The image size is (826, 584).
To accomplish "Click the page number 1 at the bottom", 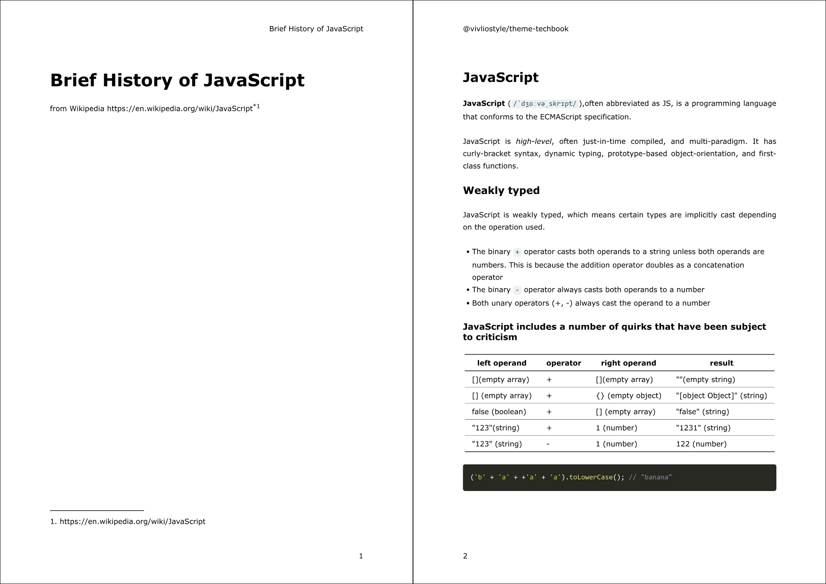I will (x=361, y=556).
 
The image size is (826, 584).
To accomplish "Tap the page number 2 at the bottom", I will (x=465, y=556).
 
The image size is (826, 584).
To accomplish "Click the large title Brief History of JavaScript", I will (x=177, y=80).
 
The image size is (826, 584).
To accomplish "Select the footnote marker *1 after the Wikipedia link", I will (x=256, y=107).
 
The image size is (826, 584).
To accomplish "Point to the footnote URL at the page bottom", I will (x=132, y=521).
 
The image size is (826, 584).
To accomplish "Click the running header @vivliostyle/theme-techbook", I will (x=516, y=29).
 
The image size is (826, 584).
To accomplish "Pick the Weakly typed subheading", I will (x=501, y=190).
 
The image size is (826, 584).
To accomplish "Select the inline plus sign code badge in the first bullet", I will (x=517, y=252).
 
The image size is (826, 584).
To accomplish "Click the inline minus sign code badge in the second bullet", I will (x=517, y=290).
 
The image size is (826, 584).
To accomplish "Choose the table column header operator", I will (x=564, y=363).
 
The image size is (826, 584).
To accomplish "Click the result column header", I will (x=721, y=363).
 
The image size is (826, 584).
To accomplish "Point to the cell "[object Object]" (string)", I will (x=721, y=396).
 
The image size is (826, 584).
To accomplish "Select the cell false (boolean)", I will (x=499, y=412).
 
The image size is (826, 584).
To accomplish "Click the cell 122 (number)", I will (x=701, y=444).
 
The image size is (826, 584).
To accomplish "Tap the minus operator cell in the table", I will (x=548, y=444).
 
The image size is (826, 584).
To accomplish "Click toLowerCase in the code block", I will (x=591, y=477).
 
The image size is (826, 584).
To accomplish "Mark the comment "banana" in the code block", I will (x=650, y=477).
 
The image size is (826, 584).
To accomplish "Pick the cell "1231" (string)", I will (x=703, y=428).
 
